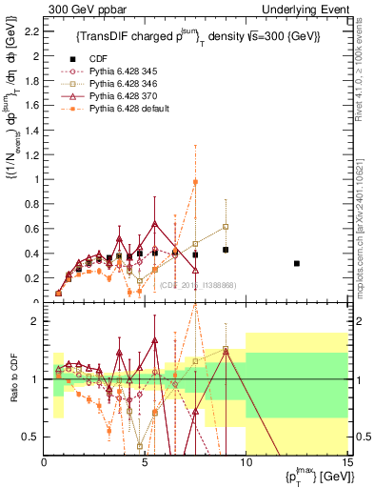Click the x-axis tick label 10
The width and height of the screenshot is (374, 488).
[x=246, y=463]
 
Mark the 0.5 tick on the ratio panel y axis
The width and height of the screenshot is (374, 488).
[x=31, y=437]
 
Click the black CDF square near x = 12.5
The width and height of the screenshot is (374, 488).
[x=297, y=263]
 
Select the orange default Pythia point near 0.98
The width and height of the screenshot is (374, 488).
[x=195, y=182]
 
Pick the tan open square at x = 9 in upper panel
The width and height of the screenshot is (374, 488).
[x=226, y=227]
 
